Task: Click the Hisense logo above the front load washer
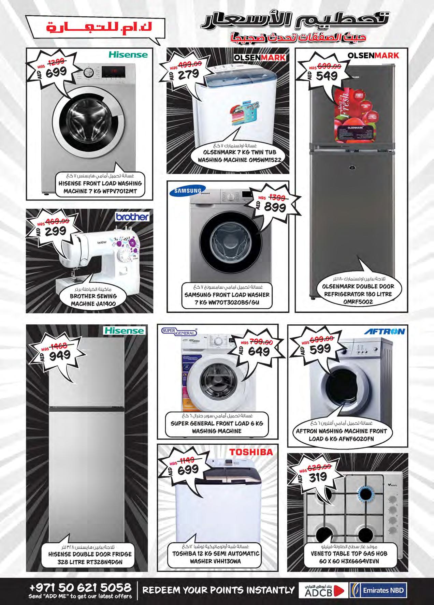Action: pyautogui.click(x=128, y=55)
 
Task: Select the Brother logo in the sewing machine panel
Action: pyautogui.click(x=132, y=217)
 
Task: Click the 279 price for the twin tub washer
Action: pyautogui.click(x=188, y=75)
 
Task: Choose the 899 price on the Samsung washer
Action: pyautogui.click(x=275, y=207)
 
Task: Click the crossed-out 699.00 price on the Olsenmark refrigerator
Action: pyautogui.click(x=329, y=66)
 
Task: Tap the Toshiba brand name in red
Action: pyautogui.click(x=251, y=452)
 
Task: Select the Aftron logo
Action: pyautogui.click(x=384, y=331)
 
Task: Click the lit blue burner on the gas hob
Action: pyautogui.click(x=365, y=493)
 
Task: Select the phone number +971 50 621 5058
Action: pyautogui.click(x=81, y=587)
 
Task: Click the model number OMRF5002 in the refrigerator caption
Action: pyautogui.click(x=358, y=302)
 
